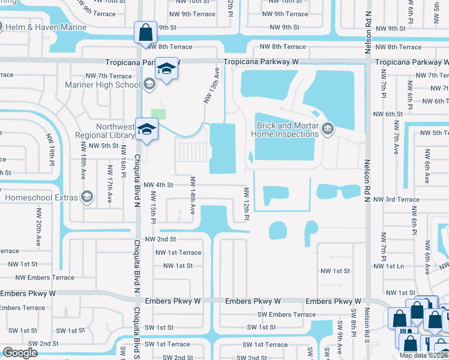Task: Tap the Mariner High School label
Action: (x=103, y=84)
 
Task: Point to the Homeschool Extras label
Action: (x=42, y=197)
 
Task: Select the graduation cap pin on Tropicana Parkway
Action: (x=166, y=68)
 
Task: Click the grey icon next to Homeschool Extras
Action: (x=88, y=197)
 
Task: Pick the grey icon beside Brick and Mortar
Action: (x=328, y=128)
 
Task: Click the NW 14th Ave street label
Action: (x=193, y=195)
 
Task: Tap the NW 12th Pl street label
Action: (x=246, y=203)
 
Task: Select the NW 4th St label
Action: (x=158, y=185)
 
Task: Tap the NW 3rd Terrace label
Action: (x=396, y=199)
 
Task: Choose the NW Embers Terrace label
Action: (x=45, y=278)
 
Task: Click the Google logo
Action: (x=20, y=352)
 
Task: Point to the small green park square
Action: (x=158, y=113)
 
